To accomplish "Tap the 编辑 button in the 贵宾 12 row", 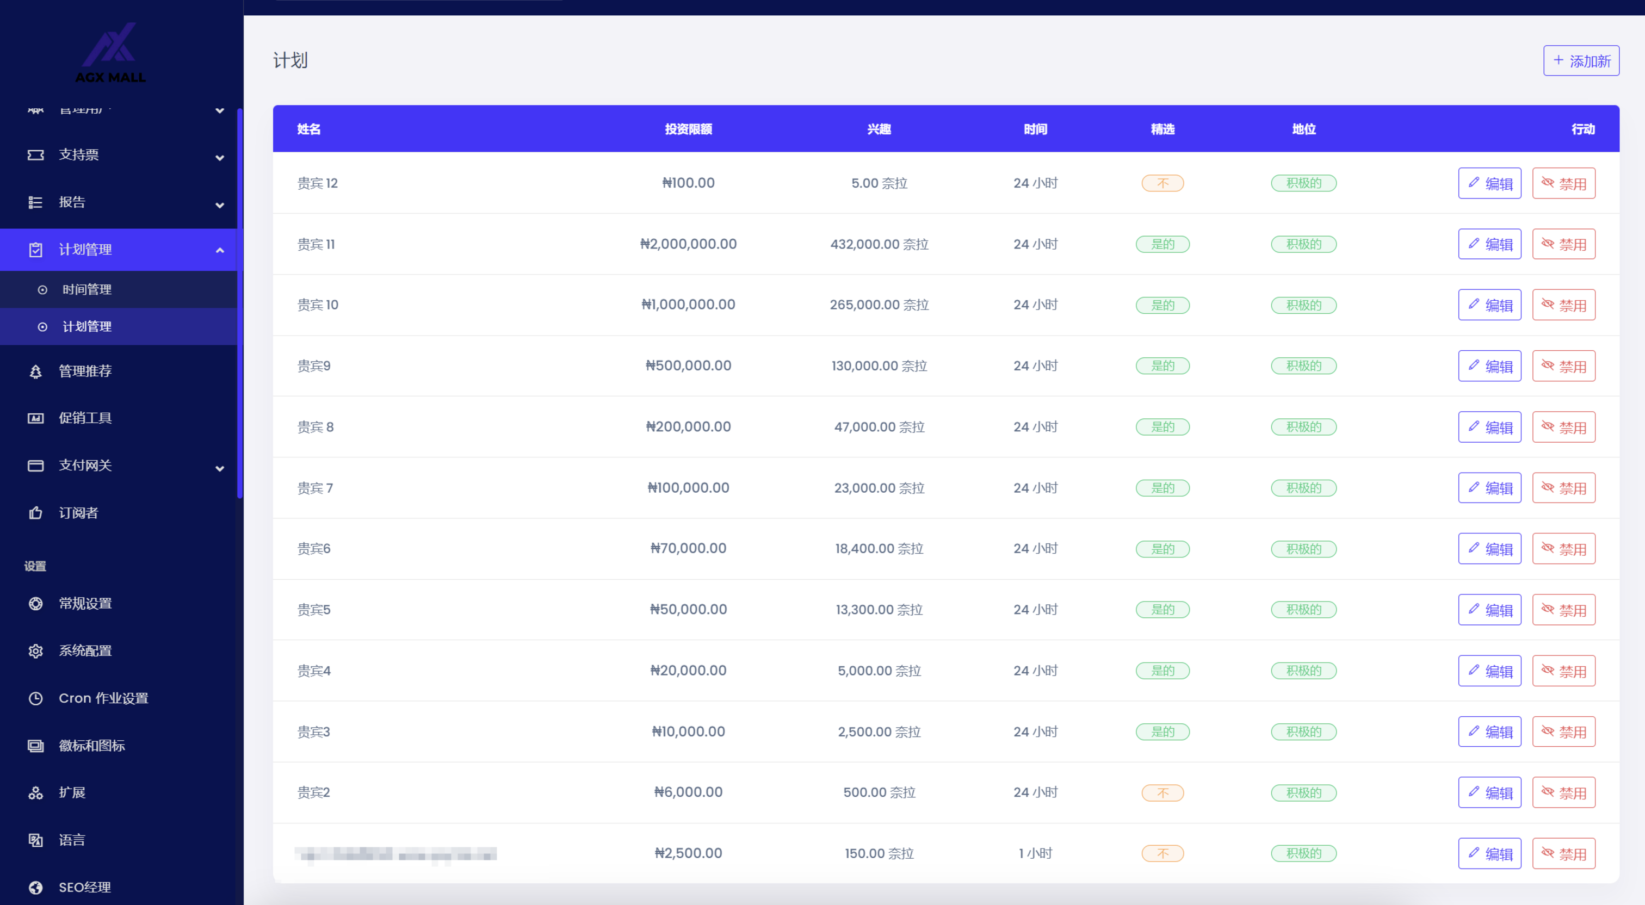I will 1489,183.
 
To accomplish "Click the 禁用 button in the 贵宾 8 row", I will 1563,427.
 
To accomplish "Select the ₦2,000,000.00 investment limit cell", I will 688,244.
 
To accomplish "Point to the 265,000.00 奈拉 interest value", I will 879,305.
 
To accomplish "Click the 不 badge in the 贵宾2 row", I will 1162,792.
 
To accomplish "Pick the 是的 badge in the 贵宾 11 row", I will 1162,244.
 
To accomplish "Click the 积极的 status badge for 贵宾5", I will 1303,609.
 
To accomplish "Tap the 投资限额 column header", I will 688,129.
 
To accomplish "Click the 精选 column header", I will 1162,129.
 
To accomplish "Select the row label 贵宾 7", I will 315,488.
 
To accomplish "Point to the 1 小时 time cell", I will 1035,853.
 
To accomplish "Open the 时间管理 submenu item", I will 87,289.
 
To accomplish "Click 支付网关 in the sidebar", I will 85,465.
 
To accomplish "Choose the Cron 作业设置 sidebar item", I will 103,698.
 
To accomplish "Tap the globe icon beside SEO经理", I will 36,887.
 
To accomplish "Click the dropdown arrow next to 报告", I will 220,205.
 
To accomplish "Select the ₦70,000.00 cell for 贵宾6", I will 688,548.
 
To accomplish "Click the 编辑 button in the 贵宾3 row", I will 1489,732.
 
